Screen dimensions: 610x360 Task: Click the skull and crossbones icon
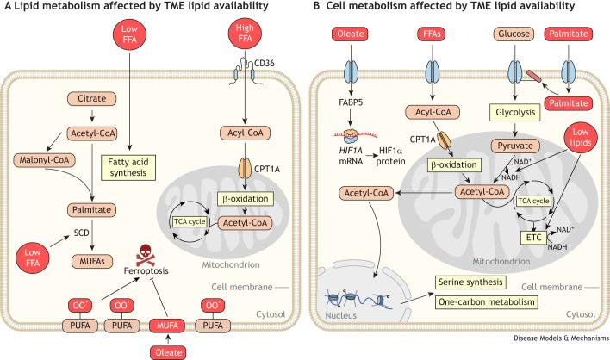146,255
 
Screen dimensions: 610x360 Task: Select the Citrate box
92,99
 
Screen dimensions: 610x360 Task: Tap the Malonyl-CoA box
44,160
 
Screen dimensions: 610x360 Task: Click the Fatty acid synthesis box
128,168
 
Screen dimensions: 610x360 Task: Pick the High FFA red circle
245,34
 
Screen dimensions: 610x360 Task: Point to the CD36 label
265,63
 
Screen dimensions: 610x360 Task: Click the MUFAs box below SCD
92,262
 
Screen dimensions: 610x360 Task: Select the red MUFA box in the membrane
167,326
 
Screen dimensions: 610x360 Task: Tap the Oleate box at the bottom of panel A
169,352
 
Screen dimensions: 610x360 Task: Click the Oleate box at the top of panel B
350,34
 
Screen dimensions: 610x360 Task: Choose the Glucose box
514,34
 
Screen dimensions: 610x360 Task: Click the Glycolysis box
515,112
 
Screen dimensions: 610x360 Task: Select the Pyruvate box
515,146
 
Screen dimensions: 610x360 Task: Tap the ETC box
534,238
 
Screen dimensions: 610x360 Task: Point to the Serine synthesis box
470,282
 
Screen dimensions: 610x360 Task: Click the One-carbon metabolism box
486,302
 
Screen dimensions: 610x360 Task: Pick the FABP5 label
351,102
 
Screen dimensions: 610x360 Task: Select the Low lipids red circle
581,138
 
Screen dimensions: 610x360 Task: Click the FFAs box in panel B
432,34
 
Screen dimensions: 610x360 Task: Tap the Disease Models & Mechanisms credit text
561,338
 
